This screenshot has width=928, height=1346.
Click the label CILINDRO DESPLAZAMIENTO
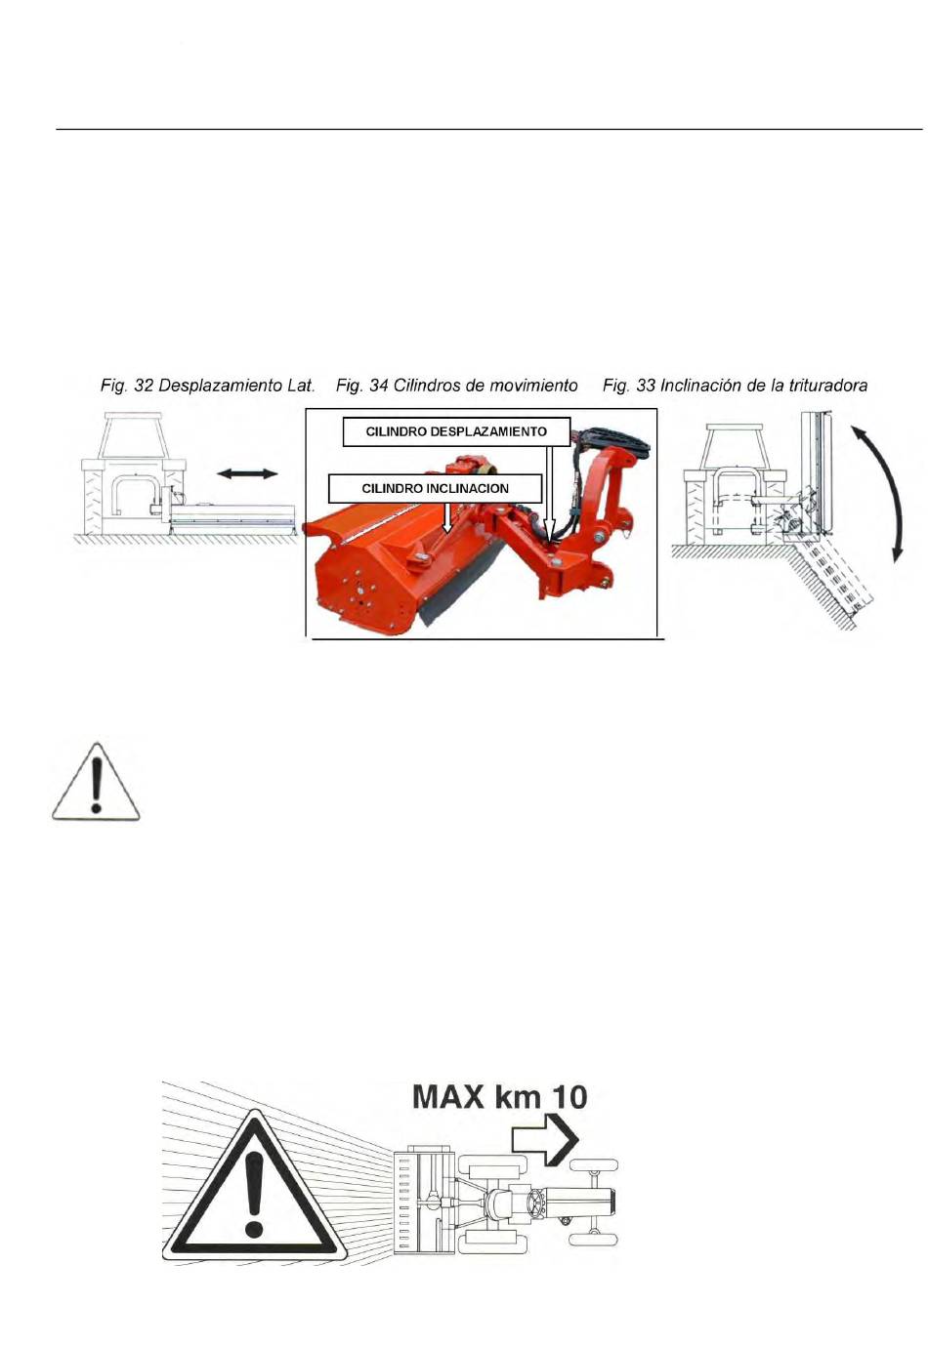tap(456, 431)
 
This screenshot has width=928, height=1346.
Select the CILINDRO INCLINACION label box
tap(435, 489)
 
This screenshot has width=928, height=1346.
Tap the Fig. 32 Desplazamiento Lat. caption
tap(207, 386)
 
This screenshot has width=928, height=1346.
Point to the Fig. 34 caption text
tap(456, 386)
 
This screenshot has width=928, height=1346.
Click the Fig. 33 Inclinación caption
tap(735, 386)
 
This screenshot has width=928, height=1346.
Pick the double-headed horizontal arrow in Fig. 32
tap(247, 474)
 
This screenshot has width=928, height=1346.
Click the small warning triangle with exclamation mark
tap(96, 783)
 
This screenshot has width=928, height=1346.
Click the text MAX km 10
tap(499, 1097)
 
